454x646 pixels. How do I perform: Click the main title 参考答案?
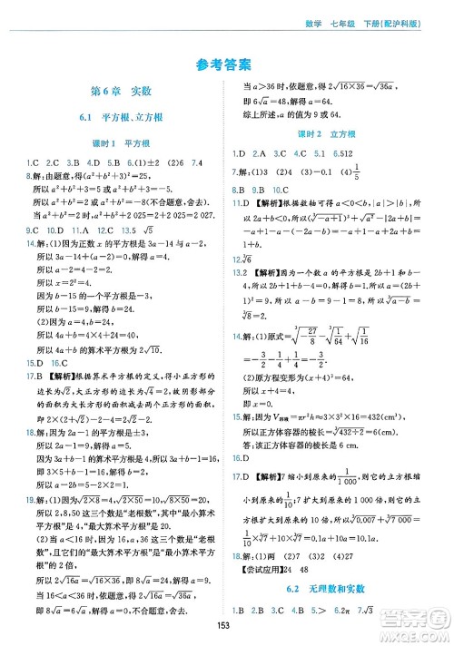[x=226, y=64]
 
